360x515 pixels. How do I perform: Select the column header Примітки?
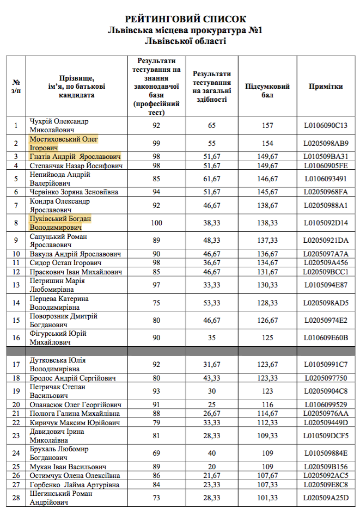[x=326, y=87]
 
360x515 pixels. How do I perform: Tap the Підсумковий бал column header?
[x=267, y=90]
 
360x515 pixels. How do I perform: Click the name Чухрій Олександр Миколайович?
[x=59, y=125]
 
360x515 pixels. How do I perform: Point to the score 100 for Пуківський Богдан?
[x=156, y=223]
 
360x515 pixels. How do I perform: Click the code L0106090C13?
[x=326, y=126]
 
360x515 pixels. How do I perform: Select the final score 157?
[x=267, y=126]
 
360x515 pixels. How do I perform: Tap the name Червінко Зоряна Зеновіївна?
[x=74, y=192]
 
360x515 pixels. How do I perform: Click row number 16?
[x=16, y=338]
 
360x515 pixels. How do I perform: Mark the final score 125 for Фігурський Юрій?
[x=267, y=338]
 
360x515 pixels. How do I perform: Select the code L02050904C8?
[x=326, y=391]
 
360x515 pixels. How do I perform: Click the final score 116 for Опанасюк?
[x=267, y=405]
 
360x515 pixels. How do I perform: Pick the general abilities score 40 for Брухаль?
[x=212, y=453]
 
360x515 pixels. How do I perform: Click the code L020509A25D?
[x=326, y=498]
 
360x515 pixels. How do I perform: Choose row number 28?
[x=16, y=498]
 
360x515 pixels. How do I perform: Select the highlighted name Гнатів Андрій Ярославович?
[x=75, y=157]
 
